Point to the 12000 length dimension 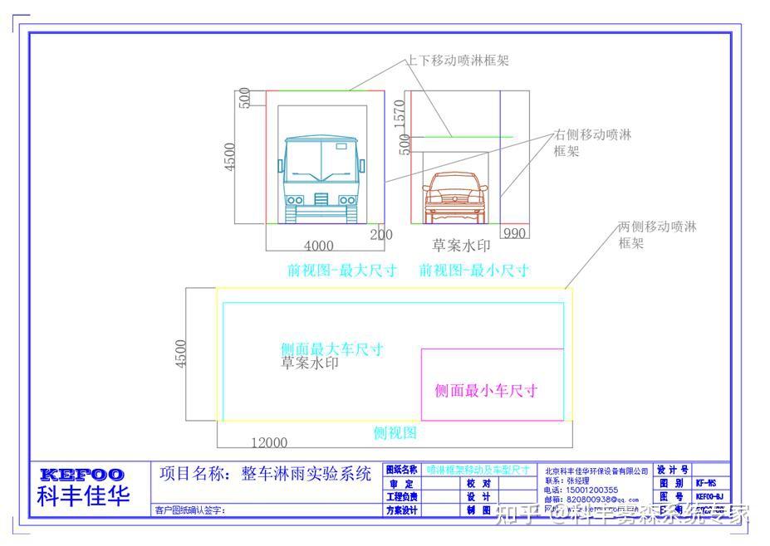(269, 443)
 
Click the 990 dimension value (514, 233)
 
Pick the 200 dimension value (381, 235)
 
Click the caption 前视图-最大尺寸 (341, 271)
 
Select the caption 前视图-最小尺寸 (473, 271)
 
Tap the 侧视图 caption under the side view (395, 432)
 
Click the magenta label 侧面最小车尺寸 (486, 391)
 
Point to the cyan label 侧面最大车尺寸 (331, 349)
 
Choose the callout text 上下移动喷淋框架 (457, 61)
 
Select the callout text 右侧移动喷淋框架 (592, 143)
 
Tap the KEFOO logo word (82, 475)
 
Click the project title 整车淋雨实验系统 (306, 474)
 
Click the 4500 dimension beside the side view (182, 354)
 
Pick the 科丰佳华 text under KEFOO (83, 496)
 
